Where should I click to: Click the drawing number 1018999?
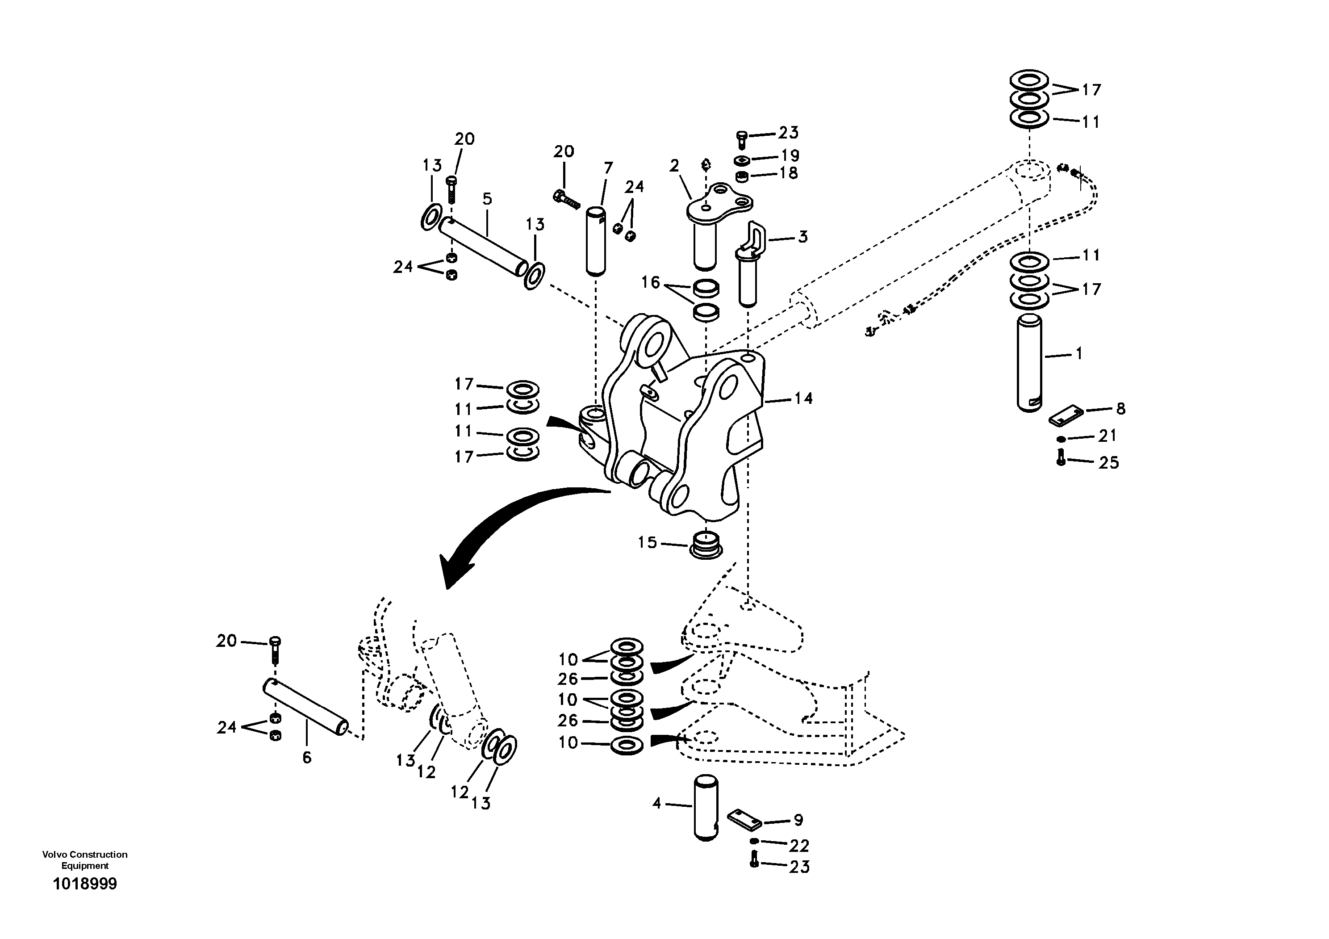(85, 884)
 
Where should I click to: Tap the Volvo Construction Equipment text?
(85, 859)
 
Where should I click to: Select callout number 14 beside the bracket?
(803, 398)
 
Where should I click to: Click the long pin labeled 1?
(1029, 362)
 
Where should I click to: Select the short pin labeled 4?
(706, 808)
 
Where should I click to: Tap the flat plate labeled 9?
(743, 819)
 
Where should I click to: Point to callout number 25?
(1108, 462)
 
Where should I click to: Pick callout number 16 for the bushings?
(651, 282)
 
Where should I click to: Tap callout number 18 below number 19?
(788, 172)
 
